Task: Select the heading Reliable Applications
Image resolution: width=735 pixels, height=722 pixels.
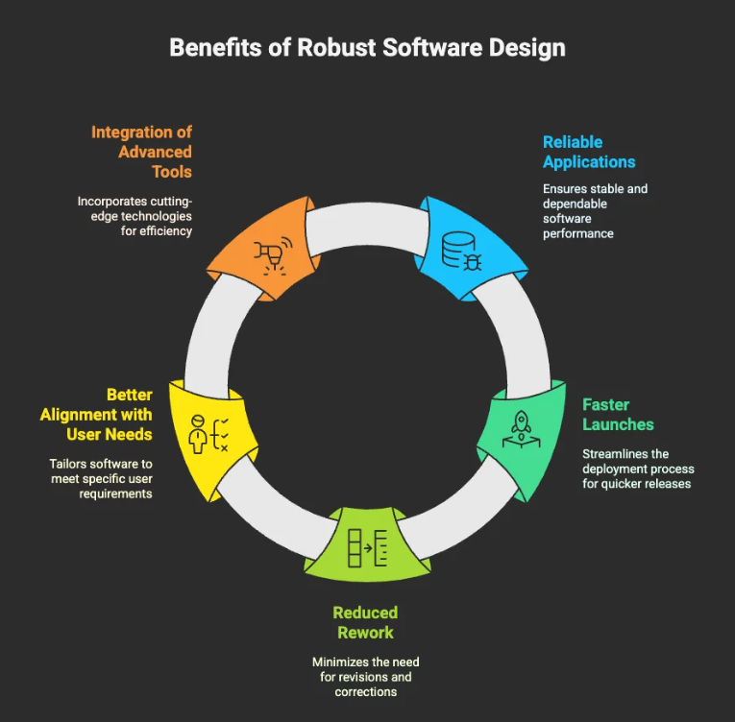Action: pos(587,152)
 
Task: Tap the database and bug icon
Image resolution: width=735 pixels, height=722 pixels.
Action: pos(462,250)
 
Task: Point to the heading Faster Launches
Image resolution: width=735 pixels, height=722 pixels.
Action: pos(618,415)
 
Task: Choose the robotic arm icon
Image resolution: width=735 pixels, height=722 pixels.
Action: pos(272,255)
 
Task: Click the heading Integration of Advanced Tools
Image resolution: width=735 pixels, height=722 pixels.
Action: pos(142,152)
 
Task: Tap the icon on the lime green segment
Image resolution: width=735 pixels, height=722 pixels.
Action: pos(367,547)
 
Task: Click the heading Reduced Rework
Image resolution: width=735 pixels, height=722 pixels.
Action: pos(365,622)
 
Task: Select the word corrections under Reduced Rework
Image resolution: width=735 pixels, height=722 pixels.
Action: pos(365,691)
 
